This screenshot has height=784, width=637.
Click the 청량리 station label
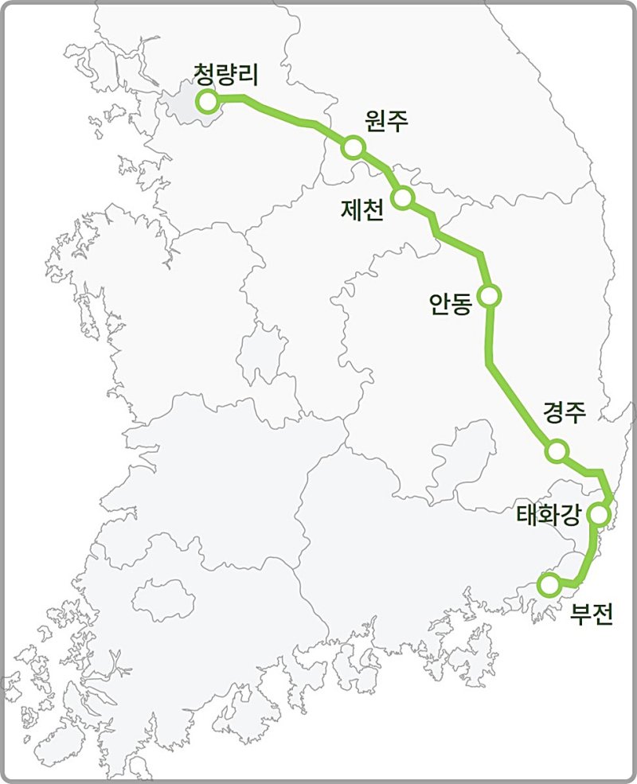[228, 74]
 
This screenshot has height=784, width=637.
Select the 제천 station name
[361, 210]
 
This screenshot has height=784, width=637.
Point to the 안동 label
[451, 304]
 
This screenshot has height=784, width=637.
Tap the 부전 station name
[592, 614]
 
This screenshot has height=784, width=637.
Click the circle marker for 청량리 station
[209, 101]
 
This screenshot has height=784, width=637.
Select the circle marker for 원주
[354, 147]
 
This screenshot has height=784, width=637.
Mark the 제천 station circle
[403, 197]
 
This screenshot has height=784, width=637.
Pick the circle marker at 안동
[490, 296]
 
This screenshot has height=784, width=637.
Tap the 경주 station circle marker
[557, 451]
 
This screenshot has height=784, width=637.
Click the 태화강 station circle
[599, 515]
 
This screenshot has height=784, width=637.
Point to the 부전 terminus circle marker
[549, 585]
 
